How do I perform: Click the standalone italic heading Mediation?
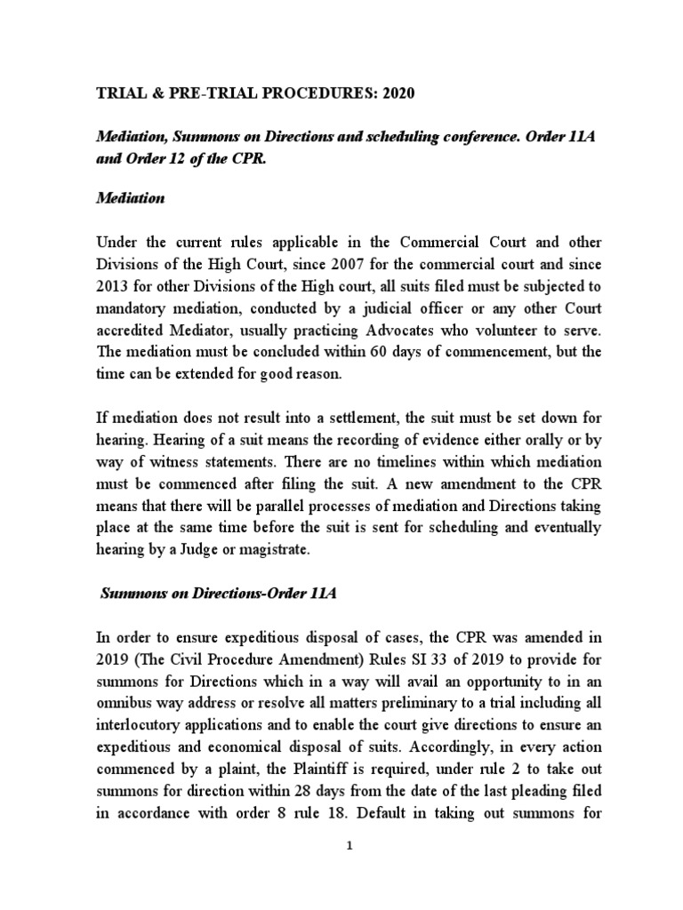tap(130, 198)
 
